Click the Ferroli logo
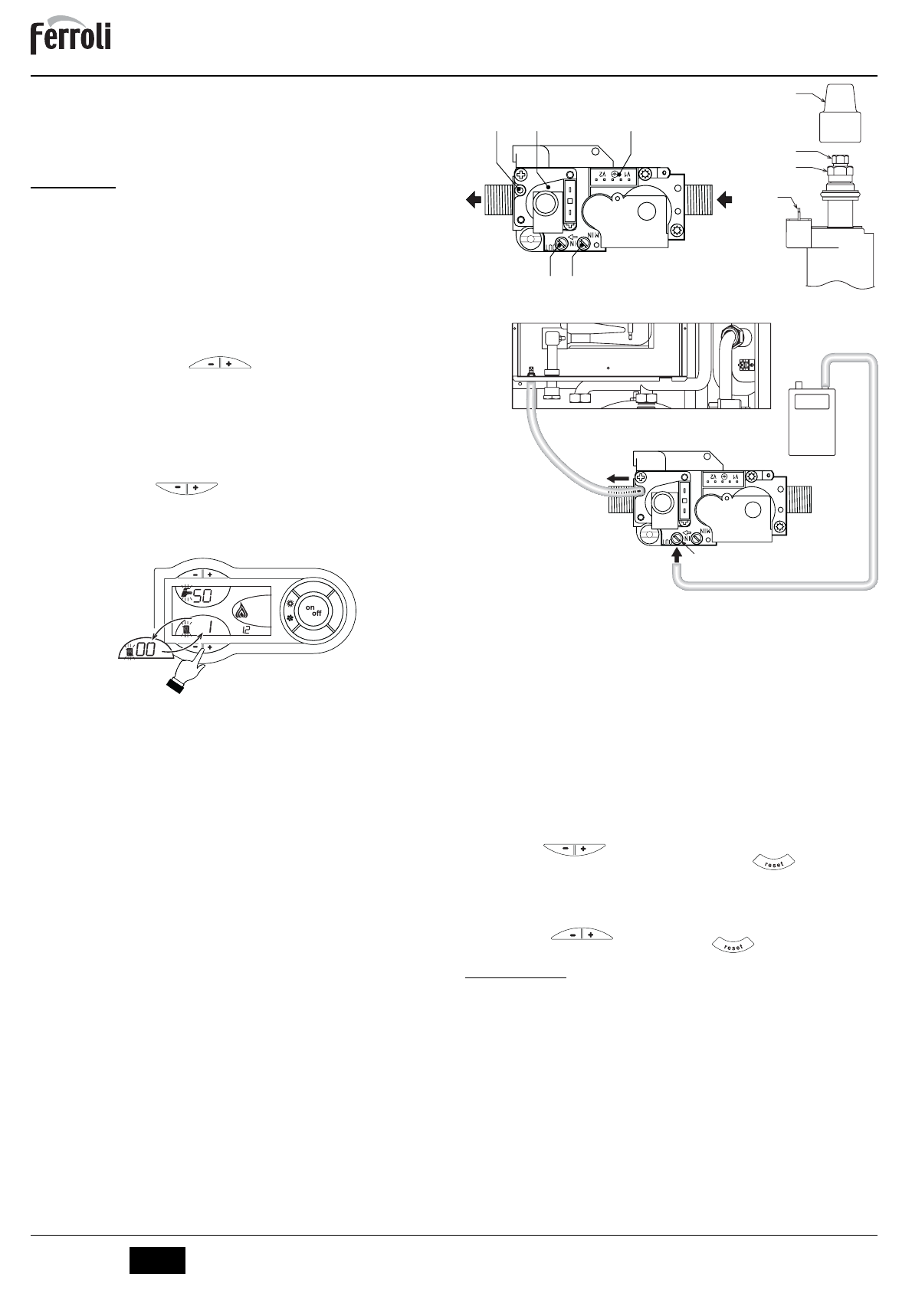71,38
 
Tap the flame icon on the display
243,611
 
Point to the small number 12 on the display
245,630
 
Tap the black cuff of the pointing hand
178,687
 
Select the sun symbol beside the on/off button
290,604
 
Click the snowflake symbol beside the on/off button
290,617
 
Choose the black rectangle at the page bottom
157,1260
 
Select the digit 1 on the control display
208,627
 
